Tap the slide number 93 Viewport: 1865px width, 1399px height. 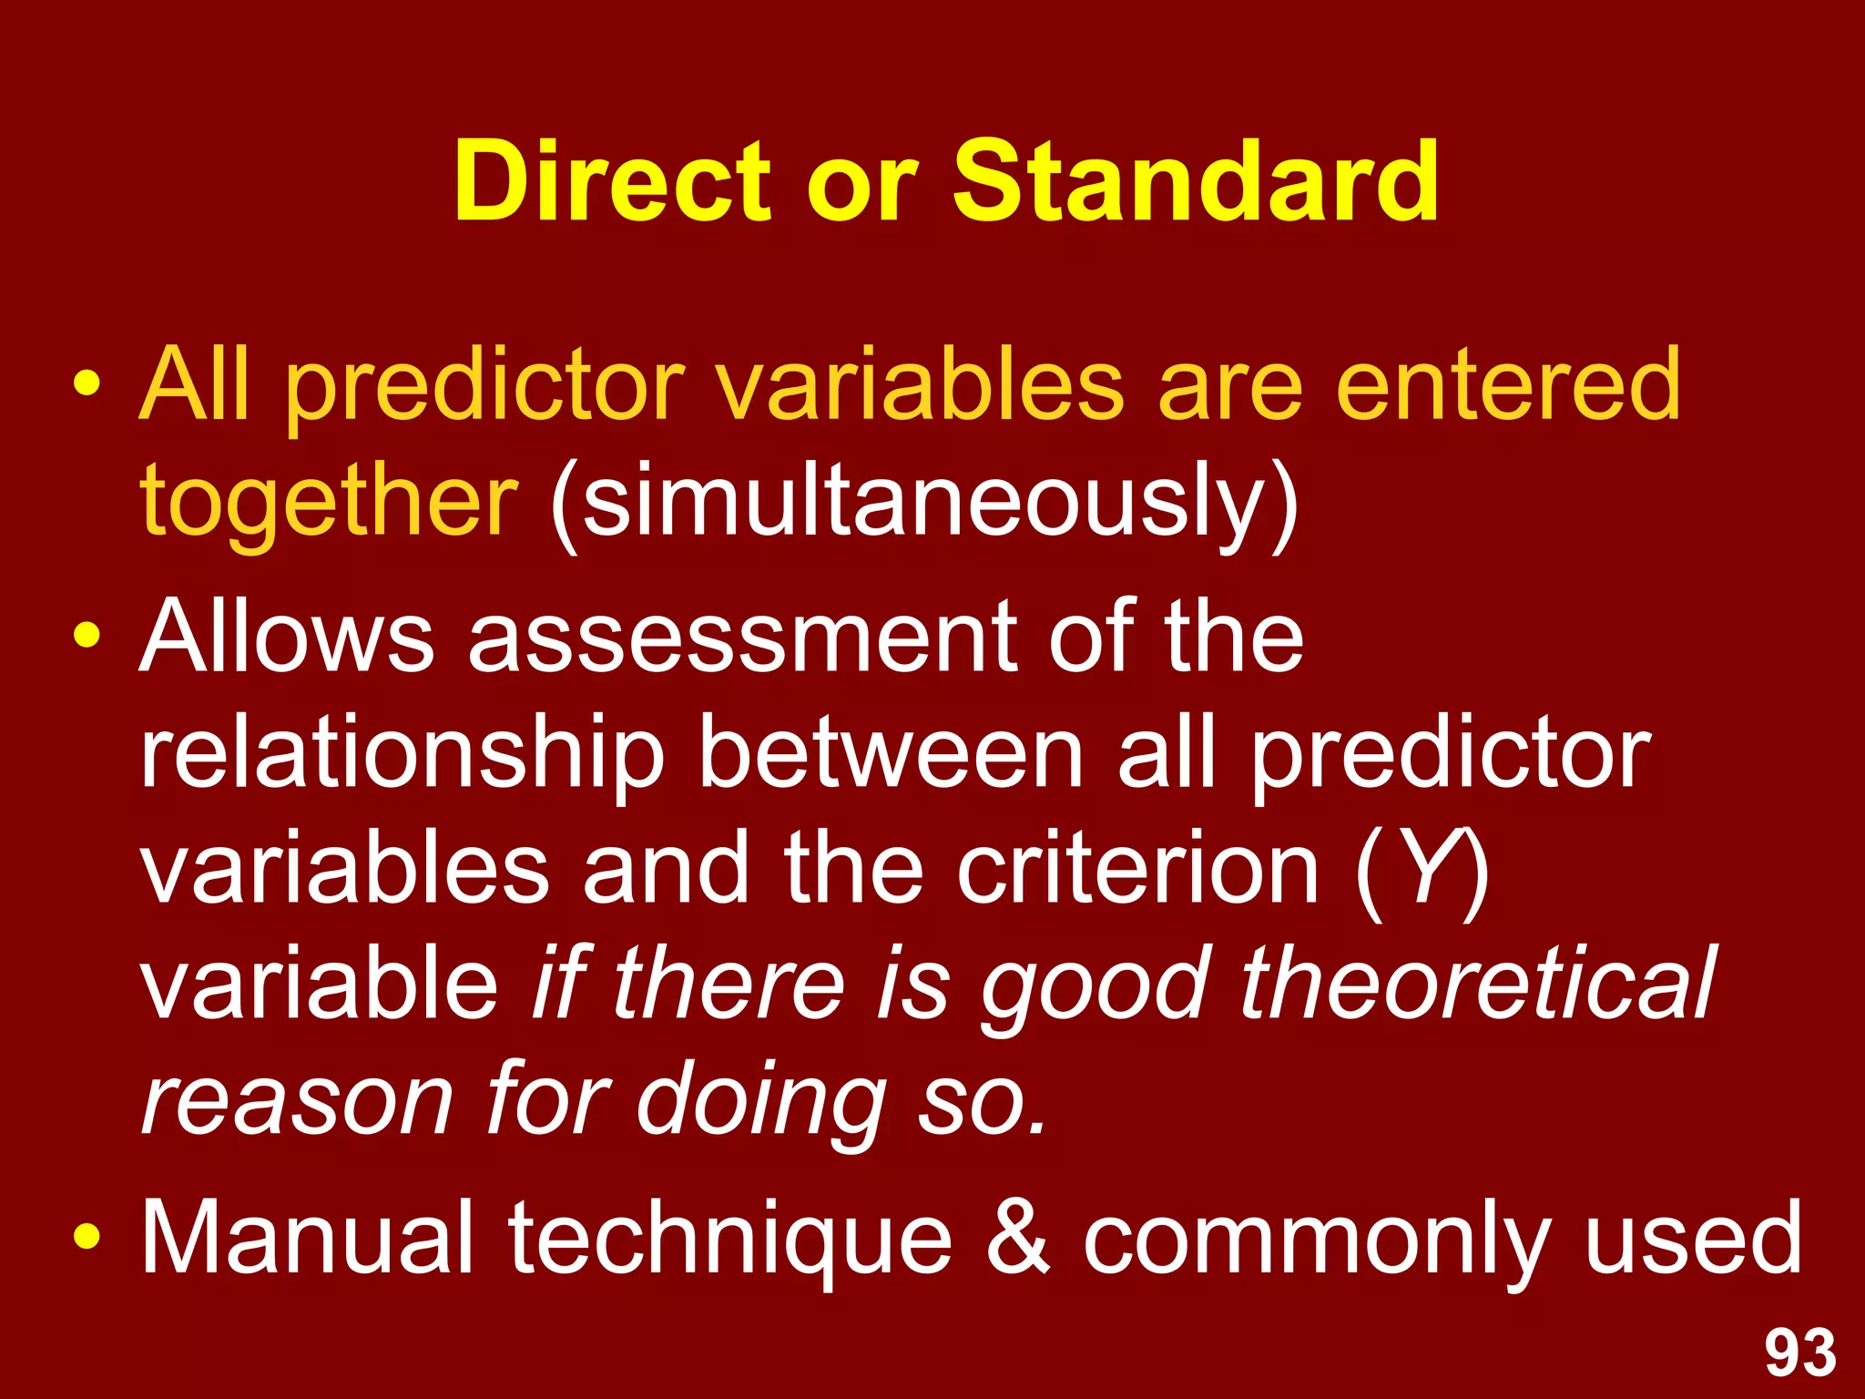pyautogui.click(x=1800, y=1354)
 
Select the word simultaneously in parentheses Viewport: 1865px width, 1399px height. pyautogui.click(x=923, y=501)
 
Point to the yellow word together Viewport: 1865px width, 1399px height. pyautogui.click(x=329, y=501)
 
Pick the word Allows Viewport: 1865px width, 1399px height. pyautogui.click(x=287, y=638)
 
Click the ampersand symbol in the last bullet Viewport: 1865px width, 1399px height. pyautogui.click(x=1018, y=1239)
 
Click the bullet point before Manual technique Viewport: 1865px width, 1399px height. pyautogui.click(x=87, y=1239)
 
